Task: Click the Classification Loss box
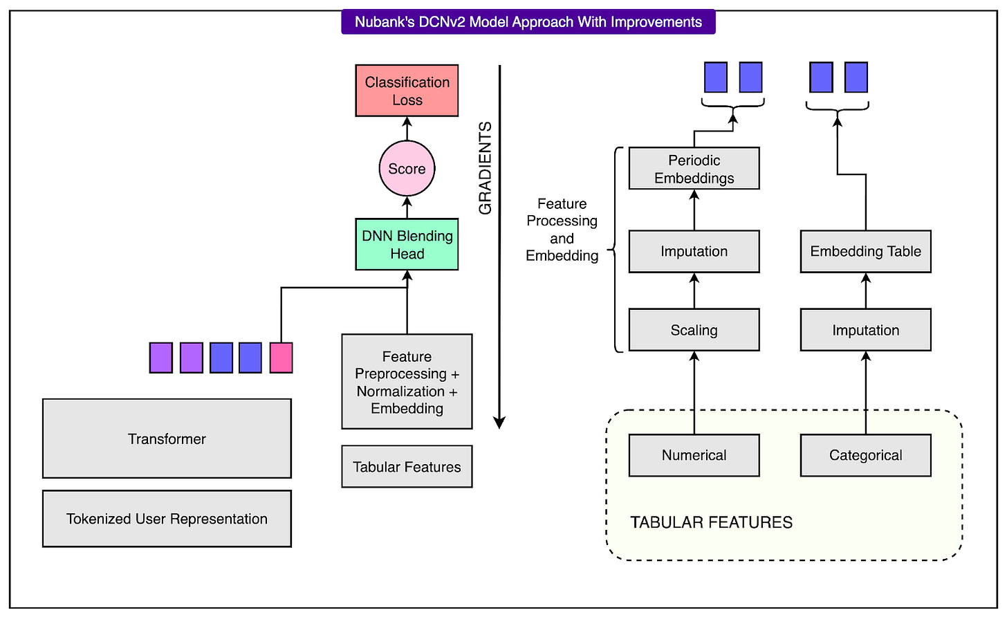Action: pos(407,91)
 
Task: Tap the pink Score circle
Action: pos(407,169)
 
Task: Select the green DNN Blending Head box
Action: pos(407,244)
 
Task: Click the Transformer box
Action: pos(167,439)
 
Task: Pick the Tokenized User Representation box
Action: pos(167,519)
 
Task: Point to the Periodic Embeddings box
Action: pos(694,169)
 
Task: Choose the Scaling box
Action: pos(694,330)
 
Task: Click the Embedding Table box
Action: pos(865,251)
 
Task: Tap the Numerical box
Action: pos(694,455)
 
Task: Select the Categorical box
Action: pos(865,455)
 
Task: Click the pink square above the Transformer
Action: pos(281,358)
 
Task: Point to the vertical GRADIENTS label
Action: pos(486,168)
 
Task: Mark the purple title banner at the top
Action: pos(528,21)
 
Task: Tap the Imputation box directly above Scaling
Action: pos(694,251)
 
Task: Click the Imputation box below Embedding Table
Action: pos(865,330)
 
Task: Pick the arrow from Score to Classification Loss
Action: pos(407,129)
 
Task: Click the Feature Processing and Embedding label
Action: pos(562,230)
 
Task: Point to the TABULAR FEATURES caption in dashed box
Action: pos(711,522)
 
